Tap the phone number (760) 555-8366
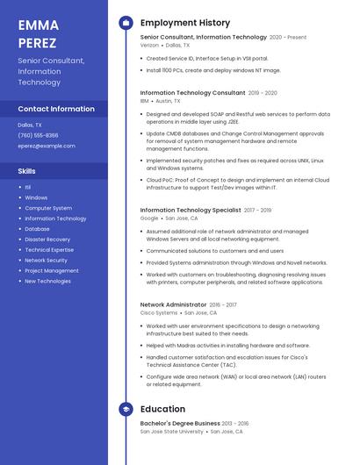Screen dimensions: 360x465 pos(38,135)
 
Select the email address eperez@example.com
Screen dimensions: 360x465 pos(47,146)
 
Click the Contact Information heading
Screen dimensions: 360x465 pos(56,109)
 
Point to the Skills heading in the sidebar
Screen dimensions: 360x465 pos(27,171)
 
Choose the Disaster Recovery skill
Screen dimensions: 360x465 pos(47,240)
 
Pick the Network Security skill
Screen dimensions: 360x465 pos(46,261)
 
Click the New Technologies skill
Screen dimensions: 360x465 pos(47,282)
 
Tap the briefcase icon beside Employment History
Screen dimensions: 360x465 pos(126,23)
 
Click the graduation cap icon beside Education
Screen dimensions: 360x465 pos(126,409)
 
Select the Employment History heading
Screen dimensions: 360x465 pos(185,23)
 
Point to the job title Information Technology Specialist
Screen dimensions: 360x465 pos(191,211)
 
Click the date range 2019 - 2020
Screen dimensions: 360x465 pos(263,93)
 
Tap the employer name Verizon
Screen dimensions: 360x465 pos(149,46)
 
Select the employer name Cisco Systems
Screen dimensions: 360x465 pos(159,312)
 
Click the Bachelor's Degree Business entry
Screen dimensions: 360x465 pos(180,423)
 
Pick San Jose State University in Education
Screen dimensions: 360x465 pos(172,432)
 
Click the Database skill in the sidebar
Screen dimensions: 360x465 pos(37,229)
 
